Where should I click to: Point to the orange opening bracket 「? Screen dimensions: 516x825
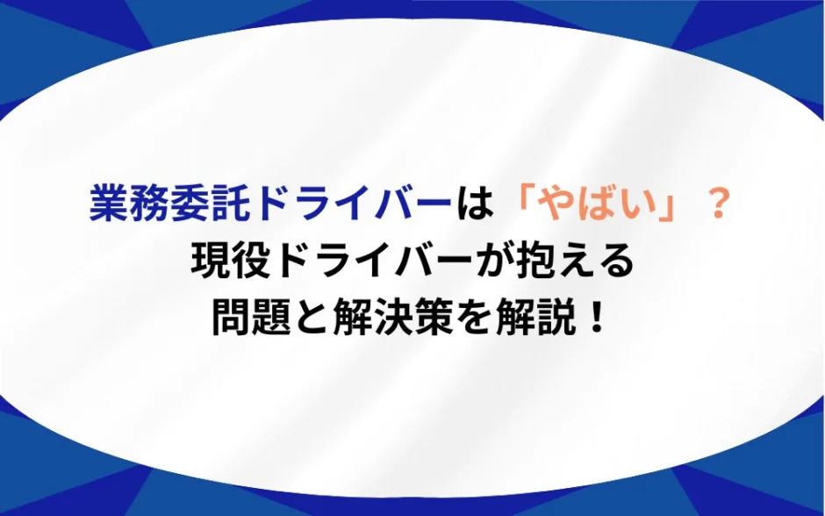520,206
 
